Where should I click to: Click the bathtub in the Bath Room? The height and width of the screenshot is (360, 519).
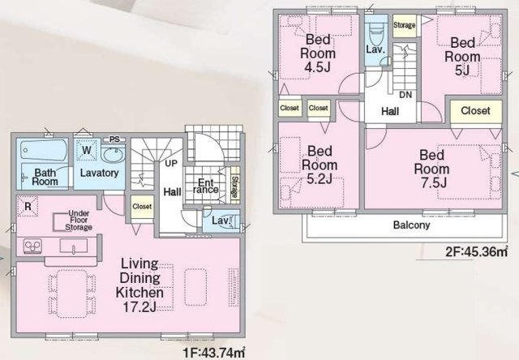click(x=44, y=150)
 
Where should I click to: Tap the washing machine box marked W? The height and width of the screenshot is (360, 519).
click(x=87, y=150)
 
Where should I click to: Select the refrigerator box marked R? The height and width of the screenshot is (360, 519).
click(x=28, y=206)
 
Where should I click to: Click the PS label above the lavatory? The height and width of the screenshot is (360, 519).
click(x=114, y=139)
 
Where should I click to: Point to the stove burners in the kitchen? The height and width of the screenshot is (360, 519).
click(x=32, y=246)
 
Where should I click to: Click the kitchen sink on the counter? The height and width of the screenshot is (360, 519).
click(x=74, y=246)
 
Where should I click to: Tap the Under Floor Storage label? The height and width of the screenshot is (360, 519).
click(x=79, y=221)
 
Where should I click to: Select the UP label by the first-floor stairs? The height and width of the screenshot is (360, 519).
click(x=171, y=163)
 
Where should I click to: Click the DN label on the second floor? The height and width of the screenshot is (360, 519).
click(x=405, y=95)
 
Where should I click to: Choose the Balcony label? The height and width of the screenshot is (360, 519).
click(x=411, y=225)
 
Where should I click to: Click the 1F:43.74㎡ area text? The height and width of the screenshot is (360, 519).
click(x=214, y=353)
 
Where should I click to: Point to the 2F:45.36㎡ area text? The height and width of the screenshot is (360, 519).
click(x=476, y=252)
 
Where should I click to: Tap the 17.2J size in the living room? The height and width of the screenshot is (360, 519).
click(x=139, y=307)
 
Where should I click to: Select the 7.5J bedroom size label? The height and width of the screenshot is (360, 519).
click(x=434, y=182)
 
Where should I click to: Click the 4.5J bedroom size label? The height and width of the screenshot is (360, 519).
click(x=317, y=67)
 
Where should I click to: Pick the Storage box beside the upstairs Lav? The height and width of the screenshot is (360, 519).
click(x=404, y=25)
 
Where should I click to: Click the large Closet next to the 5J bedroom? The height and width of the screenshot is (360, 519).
click(x=476, y=111)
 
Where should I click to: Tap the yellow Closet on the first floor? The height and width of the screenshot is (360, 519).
click(x=142, y=207)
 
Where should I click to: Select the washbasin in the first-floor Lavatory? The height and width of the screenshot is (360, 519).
click(x=113, y=154)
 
